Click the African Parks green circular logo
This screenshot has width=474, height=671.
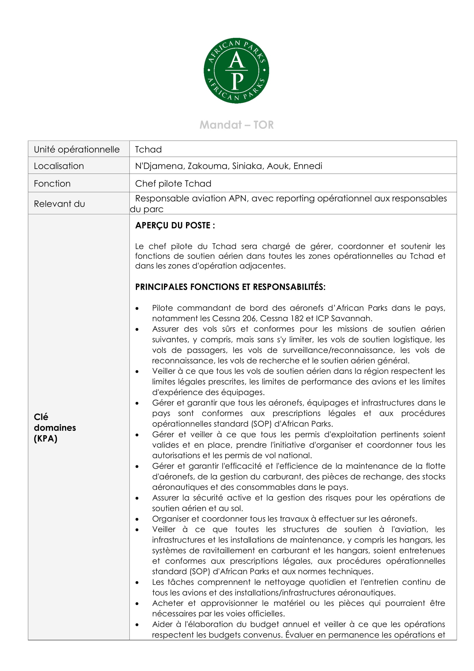click(x=236, y=71)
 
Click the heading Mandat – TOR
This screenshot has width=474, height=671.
click(x=236, y=125)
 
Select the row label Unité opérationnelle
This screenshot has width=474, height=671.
click(x=77, y=149)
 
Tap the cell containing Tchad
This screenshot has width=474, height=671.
click(x=148, y=149)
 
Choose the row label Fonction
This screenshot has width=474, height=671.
click(x=52, y=184)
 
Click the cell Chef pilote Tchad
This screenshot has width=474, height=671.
click(x=173, y=184)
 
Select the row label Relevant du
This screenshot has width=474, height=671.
click(x=59, y=204)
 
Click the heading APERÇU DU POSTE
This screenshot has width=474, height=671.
click(x=175, y=225)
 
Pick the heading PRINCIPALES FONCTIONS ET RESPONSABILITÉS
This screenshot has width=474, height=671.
click(x=230, y=287)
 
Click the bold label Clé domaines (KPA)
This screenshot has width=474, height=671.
click(x=54, y=427)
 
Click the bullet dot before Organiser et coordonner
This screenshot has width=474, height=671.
click(x=137, y=519)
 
